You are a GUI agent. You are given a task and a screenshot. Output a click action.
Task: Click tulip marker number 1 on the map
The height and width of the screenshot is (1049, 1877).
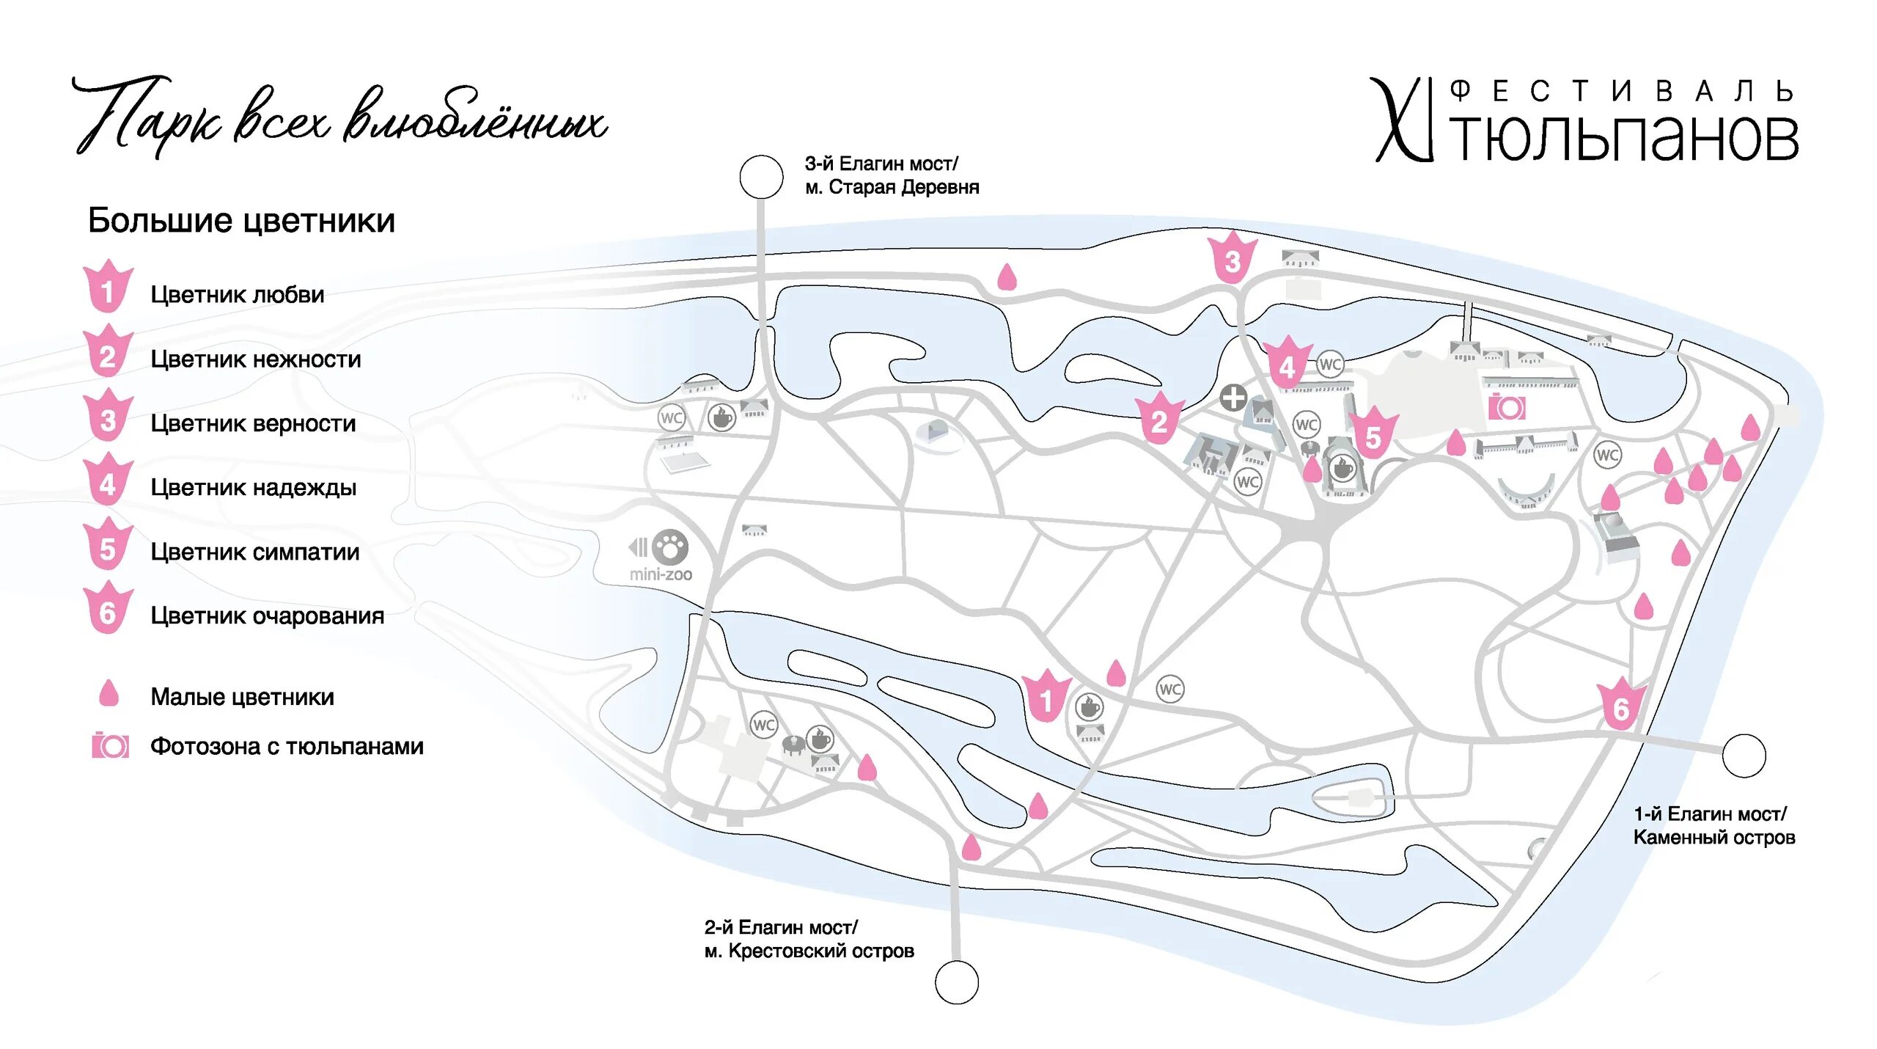tap(1046, 698)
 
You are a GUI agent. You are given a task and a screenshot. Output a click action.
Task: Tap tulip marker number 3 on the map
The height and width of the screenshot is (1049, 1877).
tap(1232, 259)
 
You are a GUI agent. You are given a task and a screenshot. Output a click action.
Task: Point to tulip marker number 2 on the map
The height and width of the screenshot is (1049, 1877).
tap(1158, 420)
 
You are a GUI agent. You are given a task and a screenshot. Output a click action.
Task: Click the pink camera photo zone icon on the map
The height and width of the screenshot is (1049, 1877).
tap(1507, 407)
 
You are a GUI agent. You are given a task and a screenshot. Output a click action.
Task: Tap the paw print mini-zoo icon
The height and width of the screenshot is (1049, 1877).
tap(669, 547)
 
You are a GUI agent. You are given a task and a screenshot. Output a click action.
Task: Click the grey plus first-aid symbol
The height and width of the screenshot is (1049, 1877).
tap(1233, 398)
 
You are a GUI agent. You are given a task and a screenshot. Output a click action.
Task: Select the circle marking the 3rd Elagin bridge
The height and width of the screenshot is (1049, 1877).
tap(761, 177)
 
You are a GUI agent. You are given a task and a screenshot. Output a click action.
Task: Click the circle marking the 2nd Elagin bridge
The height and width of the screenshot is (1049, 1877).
tap(957, 982)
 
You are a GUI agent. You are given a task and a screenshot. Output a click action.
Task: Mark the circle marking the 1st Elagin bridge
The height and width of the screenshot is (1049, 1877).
tap(1744, 756)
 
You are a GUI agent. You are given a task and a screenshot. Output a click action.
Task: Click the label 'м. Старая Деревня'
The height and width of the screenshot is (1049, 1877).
tap(892, 188)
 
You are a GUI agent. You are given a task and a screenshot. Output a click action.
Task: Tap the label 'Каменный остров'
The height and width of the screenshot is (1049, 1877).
tap(1713, 838)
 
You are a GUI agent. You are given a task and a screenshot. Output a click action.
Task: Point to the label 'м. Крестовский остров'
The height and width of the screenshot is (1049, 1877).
tap(809, 951)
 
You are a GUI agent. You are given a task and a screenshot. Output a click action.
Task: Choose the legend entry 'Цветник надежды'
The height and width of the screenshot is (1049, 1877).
tap(253, 487)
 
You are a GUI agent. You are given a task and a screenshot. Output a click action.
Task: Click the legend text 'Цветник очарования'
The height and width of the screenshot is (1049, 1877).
tap(267, 615)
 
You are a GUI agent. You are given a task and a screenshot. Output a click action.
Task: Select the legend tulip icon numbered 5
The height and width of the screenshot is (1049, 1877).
tap(108, 547)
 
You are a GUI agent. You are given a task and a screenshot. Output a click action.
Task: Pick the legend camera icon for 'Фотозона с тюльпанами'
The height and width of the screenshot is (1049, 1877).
tap(110, 746)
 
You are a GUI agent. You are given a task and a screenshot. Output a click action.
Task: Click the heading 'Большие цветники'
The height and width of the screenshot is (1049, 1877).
tap(241, 221)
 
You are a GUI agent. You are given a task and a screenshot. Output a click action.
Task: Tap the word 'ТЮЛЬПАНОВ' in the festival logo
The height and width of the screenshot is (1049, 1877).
tap(1625, 138)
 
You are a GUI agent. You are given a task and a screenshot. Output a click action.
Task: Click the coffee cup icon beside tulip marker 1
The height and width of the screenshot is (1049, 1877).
tap(1089, 707)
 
